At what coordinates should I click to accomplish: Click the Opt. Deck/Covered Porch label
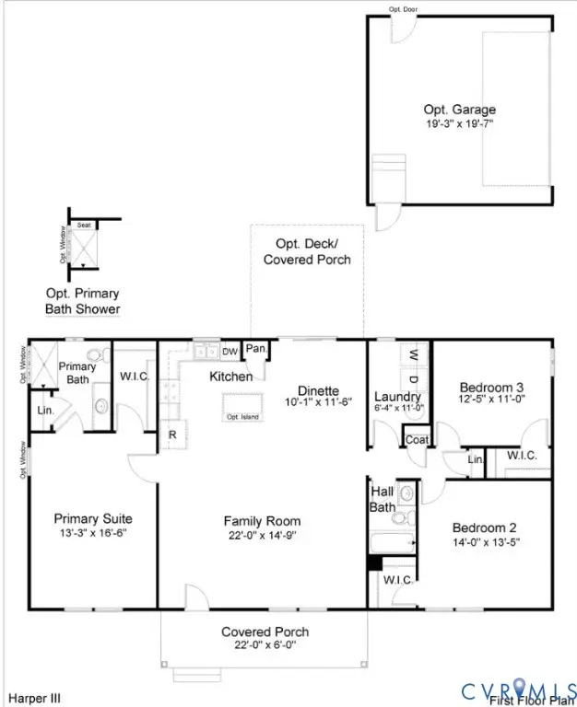(x=307, y=251)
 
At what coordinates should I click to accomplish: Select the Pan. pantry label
(x=256, y=350)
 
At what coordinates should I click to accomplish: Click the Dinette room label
(x=317, y=390)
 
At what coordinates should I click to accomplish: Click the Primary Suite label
(x=89, y=517)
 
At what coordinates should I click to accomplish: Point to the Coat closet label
(x=417, y=440)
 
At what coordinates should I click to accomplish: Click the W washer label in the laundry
(x=413, y=353)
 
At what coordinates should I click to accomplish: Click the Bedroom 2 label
(x=484, y=527)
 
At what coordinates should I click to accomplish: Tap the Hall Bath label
(x=383, y=498)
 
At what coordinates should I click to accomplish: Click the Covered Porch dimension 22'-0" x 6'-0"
(x=265, y=644)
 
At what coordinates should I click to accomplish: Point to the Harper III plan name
(x=35, y=699)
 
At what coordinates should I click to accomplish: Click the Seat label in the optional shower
(x=83, y=225)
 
